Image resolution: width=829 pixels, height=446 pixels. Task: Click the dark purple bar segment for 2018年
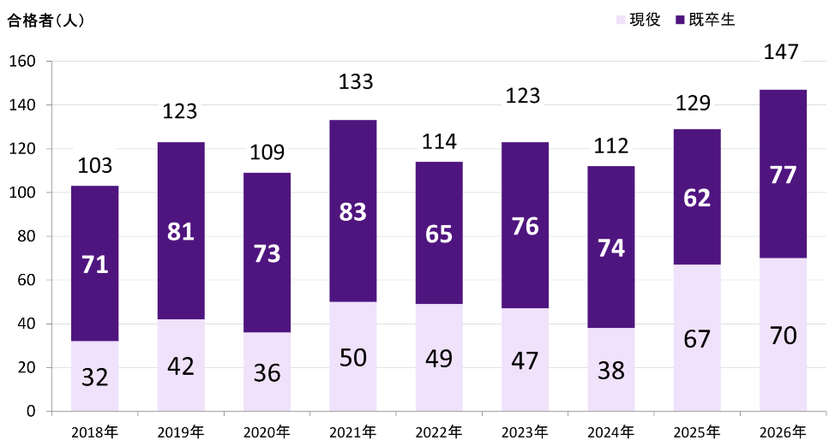(94, 264)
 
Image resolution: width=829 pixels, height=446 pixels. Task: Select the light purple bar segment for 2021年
(352, 356)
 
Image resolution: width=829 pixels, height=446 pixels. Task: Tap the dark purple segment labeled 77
(783, 174)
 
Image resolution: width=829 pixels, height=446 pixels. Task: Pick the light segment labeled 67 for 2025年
(697, 338)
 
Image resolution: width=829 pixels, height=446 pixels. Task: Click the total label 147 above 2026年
(781, 51)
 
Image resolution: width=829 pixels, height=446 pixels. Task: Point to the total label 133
(356, 82)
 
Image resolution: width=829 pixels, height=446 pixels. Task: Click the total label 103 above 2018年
(95, 166)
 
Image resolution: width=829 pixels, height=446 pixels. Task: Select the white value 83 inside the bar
(352, 211)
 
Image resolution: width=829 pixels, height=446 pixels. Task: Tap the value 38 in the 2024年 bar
(611, 371)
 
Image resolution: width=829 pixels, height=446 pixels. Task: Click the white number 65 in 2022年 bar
(439, 234)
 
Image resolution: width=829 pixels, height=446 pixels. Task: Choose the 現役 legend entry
(638, 20)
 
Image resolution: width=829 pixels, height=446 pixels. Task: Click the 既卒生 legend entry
(706, 20)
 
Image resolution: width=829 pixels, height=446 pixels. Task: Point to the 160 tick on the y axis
(23, 62)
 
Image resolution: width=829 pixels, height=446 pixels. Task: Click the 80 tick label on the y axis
(27, 236)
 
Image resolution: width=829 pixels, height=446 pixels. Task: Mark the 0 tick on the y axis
(31, 411)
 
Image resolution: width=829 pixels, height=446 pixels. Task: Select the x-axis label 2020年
(267, 432)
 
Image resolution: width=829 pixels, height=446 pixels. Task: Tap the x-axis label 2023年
(525, 432)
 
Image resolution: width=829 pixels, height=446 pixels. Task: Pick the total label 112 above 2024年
(611, 146)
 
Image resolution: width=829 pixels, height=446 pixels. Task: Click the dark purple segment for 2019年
(181, 230)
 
